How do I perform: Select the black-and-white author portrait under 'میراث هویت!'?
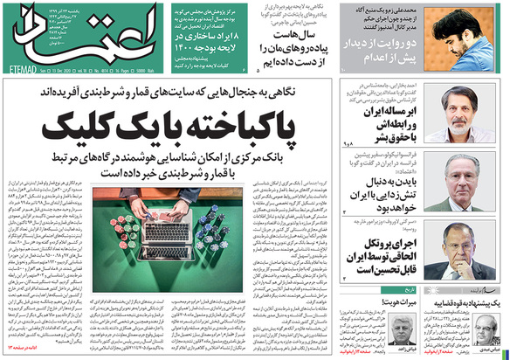[x=397, y=331]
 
